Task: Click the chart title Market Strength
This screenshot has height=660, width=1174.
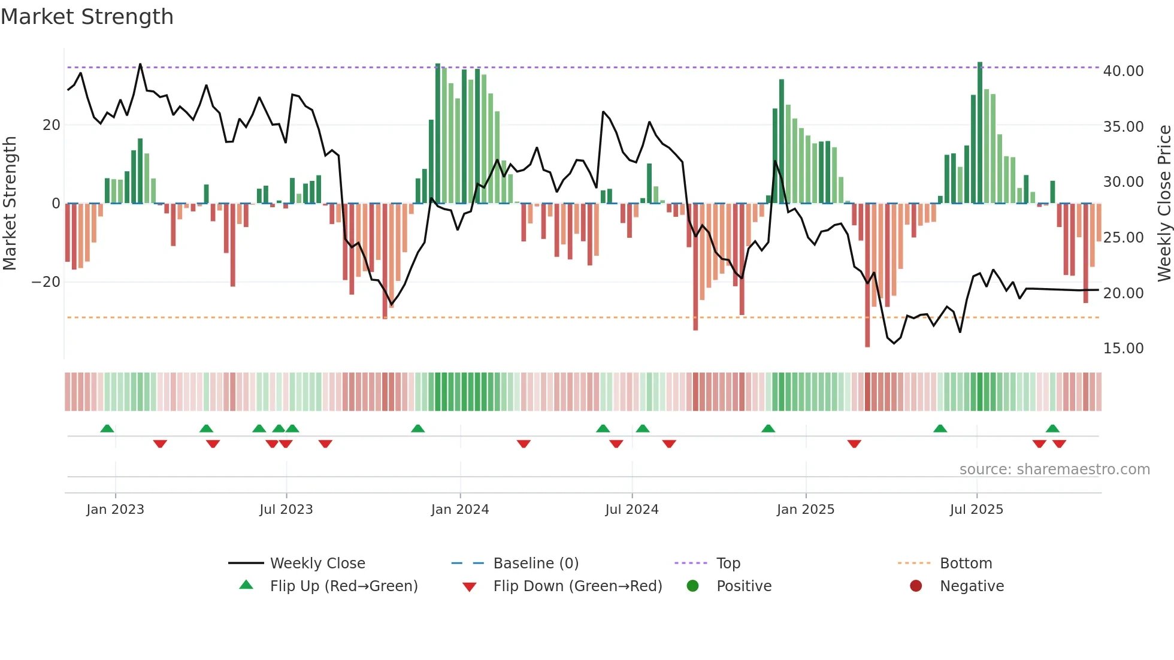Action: [x=87, y=17]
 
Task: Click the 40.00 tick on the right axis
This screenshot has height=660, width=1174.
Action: [x=1123, y=71]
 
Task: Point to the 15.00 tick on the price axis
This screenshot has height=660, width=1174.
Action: [x=1123, y=348]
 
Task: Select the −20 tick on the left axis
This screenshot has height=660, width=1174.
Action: [x=46, y=281]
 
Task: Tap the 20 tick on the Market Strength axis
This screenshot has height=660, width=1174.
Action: [x=51, y=125]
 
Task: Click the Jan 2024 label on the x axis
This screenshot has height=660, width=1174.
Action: [x=459, y=509]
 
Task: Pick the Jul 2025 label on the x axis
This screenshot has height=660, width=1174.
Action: [x=976, y=509]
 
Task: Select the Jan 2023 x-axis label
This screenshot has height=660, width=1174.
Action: [x=115, y=509]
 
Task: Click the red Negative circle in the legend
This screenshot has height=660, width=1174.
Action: [x=916, y=586]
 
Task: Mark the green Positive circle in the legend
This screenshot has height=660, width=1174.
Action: [x=692, y=586]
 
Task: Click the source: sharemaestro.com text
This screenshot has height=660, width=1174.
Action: [x=1054, y=469]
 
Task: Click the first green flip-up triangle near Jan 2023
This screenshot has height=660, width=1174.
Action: [x=107, y=428]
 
